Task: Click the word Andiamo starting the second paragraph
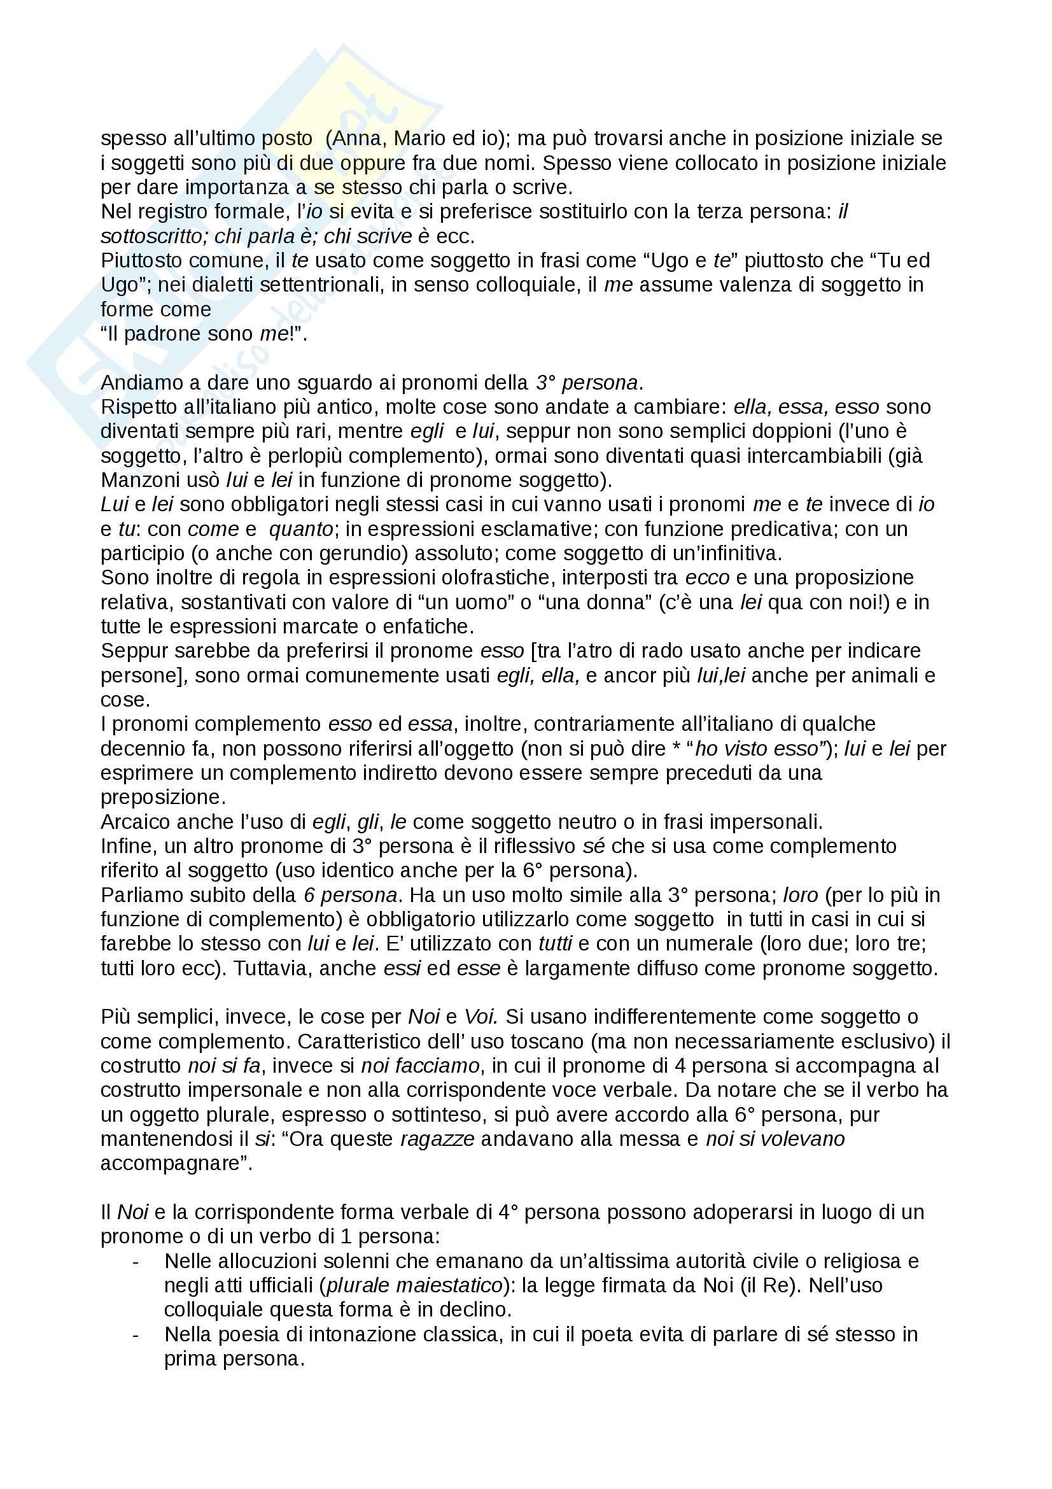(138, 383)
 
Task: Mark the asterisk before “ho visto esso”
(678, 749)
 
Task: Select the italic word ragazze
(437, 1140)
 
